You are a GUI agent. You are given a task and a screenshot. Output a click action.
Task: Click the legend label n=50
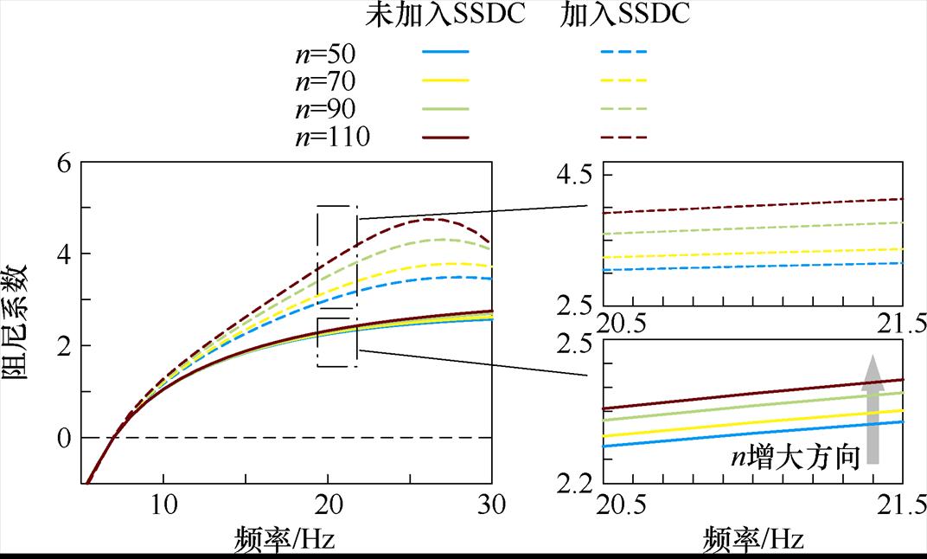[x=324, y=55]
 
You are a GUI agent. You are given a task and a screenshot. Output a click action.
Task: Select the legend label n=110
[x=332, y=137]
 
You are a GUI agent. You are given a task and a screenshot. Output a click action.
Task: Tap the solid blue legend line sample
[x=445, y=52]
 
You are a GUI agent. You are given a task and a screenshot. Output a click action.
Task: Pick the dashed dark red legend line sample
[x=623, y=137]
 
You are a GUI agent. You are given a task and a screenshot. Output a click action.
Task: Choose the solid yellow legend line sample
[x=445, y=80]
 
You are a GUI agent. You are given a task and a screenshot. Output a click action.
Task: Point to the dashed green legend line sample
[x=623, y=109]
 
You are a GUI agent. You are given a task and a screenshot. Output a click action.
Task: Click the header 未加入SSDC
[x=445, y=15]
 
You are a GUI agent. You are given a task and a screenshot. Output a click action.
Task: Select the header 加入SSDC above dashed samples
[x=624, y=15]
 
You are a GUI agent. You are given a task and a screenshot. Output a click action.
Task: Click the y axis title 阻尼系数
[x=22, y=322]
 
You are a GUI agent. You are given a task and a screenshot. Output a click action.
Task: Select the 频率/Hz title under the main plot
[x=284, y=538]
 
